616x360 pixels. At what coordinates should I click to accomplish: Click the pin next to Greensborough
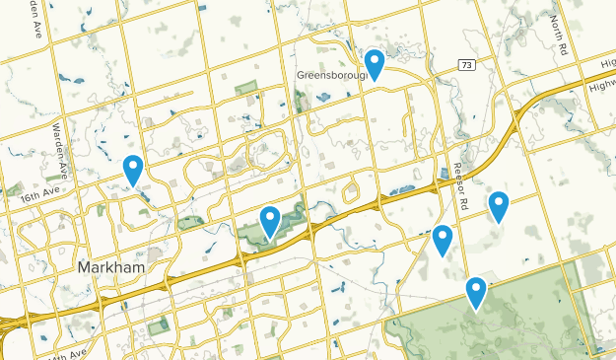pyautogui.click(x=375, y=63)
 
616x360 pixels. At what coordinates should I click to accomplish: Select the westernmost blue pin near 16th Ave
pyautogui.click(x=132, y=169)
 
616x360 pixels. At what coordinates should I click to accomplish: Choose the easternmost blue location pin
pyautogui.click(x=499, y=205)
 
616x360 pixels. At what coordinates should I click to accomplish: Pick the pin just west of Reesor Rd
pyautogui.click(x=443, y=238)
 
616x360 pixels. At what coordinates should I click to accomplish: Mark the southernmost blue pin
pyautogui.click(x=476, y=291)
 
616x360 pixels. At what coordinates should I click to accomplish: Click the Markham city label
pyautogui.click(x=110, y=268)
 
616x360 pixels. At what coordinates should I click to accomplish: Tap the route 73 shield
pyautogui.click(x=466, y=64)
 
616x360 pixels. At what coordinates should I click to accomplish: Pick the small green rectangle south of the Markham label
pyautogui.click(x=158, y=326)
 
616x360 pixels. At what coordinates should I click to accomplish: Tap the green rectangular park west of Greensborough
pyautogui.click(x=244, y=90)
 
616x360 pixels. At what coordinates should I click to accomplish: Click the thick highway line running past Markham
pyautogui.click(x=197, y=270)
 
